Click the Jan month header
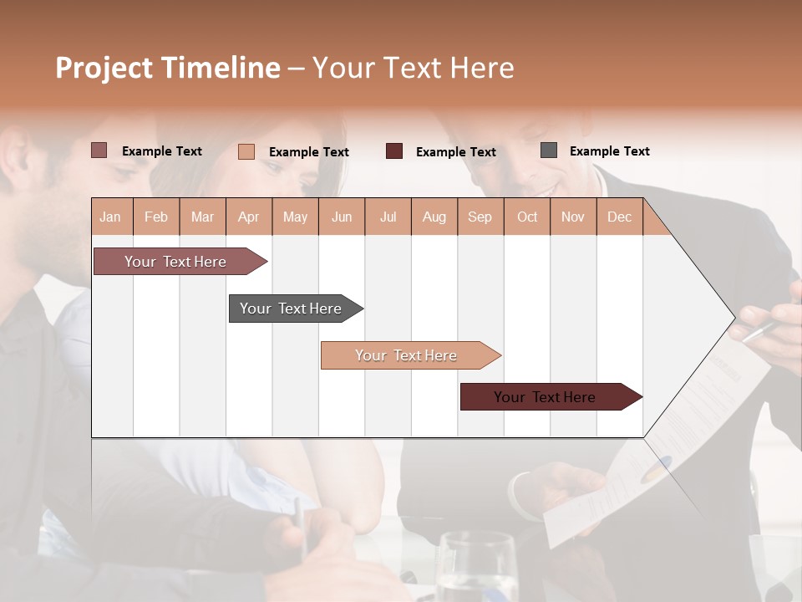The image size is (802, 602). (x=110, y=217)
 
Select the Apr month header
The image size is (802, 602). (x=249, y=217)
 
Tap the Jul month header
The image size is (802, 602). (x=388, y=217)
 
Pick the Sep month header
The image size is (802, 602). (x=480, y=217)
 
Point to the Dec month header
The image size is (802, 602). (x=619, y=217)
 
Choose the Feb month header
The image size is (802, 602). (x=156, y=217)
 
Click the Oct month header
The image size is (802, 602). (x=527, y=217)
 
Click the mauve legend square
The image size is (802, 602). (x=99, y=150)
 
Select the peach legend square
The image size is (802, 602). (x=246, y=151)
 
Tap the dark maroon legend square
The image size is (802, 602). (x=394, y=151)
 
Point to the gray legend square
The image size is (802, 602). (x=549, y=150)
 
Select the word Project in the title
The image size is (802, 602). (x=104, y=68)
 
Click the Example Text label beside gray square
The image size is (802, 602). (x=609, y=151)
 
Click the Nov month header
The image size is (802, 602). (x=573, y=217)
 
